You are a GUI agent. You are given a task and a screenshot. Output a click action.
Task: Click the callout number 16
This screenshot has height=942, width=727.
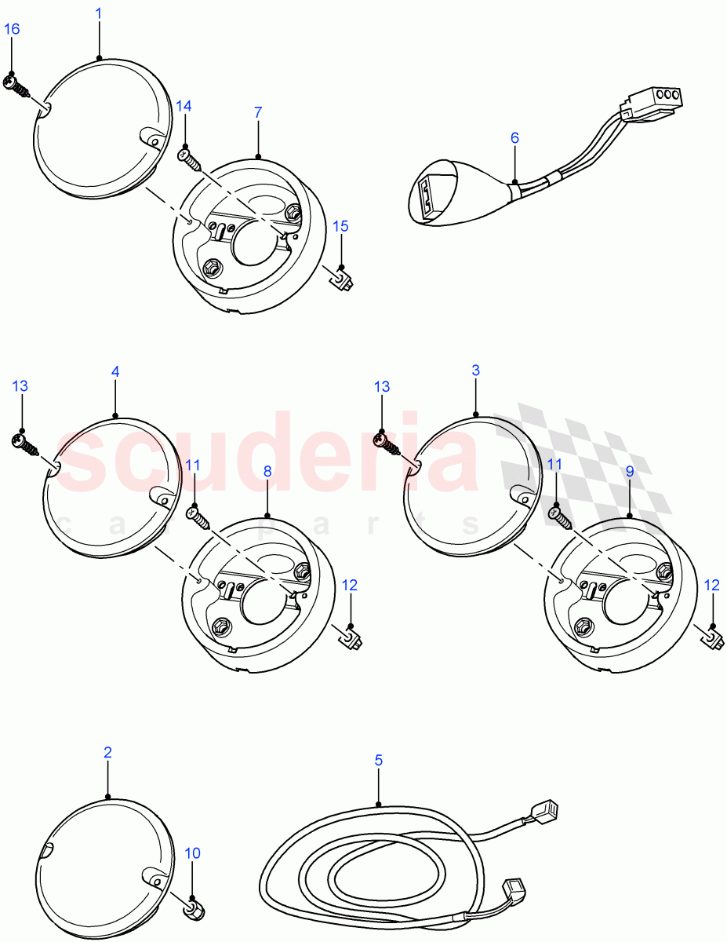12,29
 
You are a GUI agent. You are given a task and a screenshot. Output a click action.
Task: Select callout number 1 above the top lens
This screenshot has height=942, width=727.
99,13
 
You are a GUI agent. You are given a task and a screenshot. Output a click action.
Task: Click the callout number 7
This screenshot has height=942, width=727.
258,112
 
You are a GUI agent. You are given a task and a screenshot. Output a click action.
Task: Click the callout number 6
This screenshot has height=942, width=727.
514,138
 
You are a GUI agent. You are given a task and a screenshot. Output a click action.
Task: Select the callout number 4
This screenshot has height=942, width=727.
115,371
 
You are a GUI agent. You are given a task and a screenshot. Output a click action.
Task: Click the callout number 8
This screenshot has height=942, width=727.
267,471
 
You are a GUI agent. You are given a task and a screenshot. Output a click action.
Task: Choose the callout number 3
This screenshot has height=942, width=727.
476,370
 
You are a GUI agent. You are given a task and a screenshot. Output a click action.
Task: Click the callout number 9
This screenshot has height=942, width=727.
631,472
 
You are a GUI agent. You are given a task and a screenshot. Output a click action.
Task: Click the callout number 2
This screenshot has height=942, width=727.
107,752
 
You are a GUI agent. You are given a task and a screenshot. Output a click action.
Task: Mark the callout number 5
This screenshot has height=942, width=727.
379,760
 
